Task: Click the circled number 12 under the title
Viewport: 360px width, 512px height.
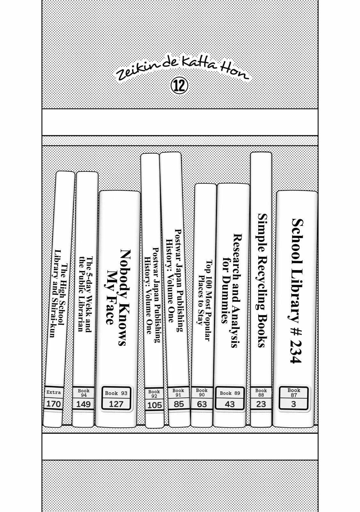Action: click(x=180, y=86)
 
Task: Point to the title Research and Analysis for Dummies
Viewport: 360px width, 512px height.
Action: click(x=231, y=291)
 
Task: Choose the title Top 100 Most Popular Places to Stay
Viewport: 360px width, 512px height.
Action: click(x=204, y=300)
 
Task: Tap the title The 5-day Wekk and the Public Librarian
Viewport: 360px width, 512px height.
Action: click(x=85, y=294)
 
